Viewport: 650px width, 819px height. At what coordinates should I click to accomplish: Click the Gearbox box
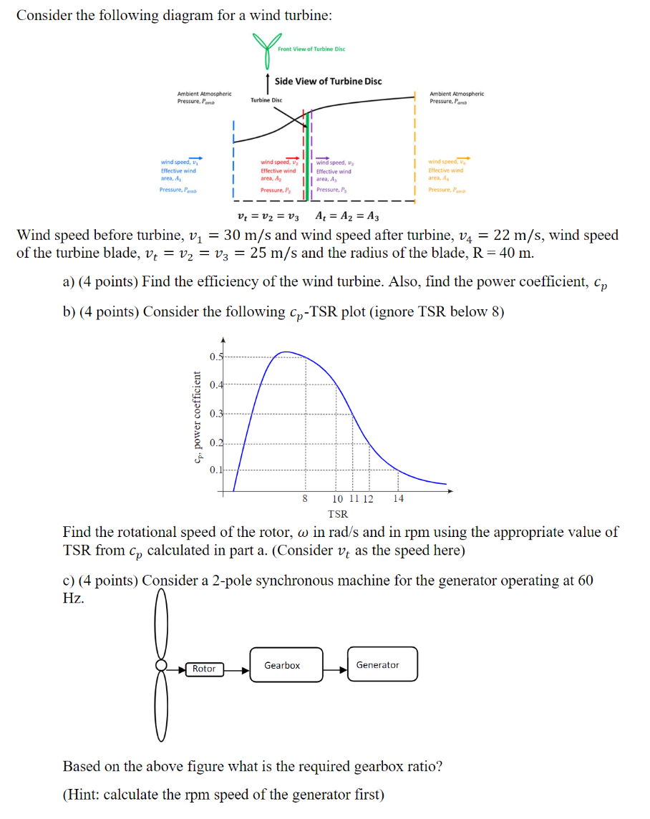[282, 666]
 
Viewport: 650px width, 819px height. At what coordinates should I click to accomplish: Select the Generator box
[382, 665]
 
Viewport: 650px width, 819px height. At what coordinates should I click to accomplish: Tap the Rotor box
[204, 669]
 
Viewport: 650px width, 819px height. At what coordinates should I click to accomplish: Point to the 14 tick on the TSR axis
[398, 499]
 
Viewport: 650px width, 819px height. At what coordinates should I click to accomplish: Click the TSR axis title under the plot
[338, 514]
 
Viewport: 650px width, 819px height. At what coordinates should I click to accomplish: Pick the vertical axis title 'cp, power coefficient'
[195, 419]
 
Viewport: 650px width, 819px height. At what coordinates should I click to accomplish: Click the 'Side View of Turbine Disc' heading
[329, 81]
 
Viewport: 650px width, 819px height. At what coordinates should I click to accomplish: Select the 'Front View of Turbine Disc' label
[311, 49]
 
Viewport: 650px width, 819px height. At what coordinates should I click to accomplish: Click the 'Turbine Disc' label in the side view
[266, 100]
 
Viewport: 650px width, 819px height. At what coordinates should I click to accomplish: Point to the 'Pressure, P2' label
[276, 190]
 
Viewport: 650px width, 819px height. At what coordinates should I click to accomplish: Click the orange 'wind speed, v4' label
[445, 162]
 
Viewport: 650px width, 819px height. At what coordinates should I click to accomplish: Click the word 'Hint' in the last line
[83, 795]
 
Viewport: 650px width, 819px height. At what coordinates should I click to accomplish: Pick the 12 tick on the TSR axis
[368, 499]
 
